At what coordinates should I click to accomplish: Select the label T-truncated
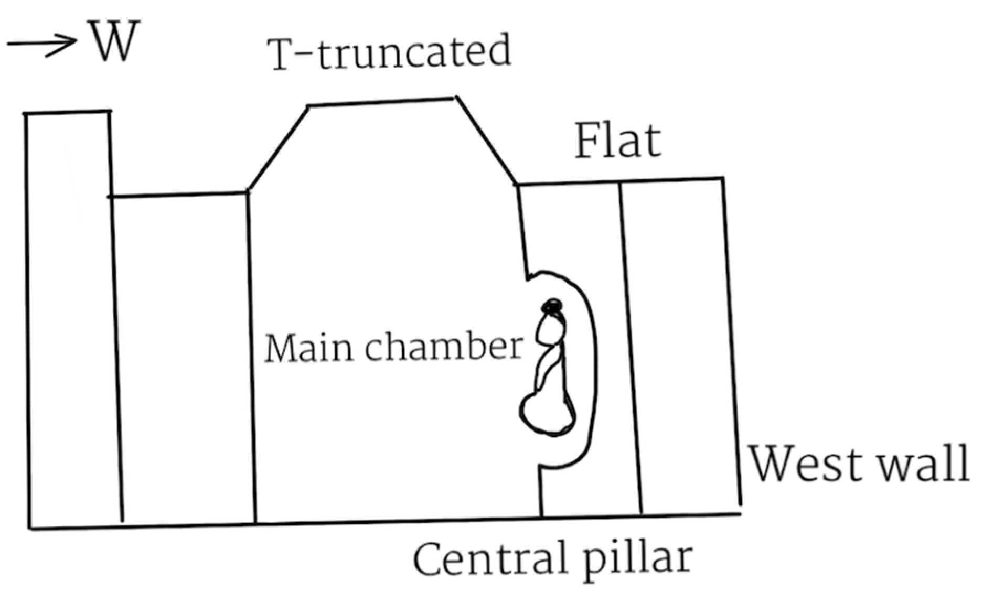[x=389, y=52]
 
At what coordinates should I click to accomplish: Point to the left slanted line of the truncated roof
[x=278, y=148]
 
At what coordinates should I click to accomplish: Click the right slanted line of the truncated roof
[x=486, y=141]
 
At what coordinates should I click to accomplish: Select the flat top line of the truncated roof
[x=381, y=102]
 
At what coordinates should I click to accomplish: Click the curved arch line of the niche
[x=594, y=367]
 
